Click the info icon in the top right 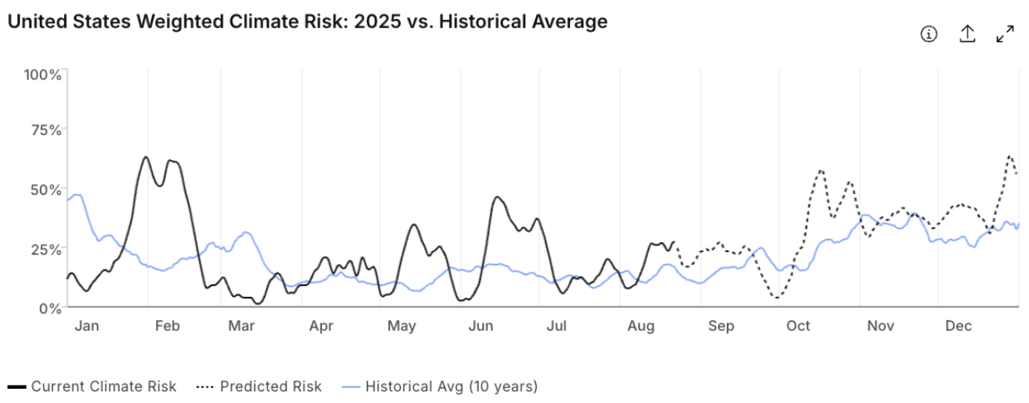[x=929, y=34]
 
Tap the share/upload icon [x=968, y=33]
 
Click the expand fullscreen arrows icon [x=1005, y=34]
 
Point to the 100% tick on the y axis [x=42, y=75]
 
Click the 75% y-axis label [x=46, y=130]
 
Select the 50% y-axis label [x=46, y=190]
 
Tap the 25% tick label [x=46, y=250]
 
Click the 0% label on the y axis [x=50, y=308]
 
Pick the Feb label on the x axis [x=168, y=326]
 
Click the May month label [x=402, y=327]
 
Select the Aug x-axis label [x=641, y=327]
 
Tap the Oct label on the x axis [x=798, y=326]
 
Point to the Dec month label [x=958, y=326]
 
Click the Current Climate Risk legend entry [x=92, y=386]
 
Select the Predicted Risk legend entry [x=259, y=386]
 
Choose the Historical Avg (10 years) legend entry [x=440, y=386]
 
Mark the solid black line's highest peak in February [x=145, y=157]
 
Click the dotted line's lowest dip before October [x=777, y=298]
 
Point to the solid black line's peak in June [x=497, y=197]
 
